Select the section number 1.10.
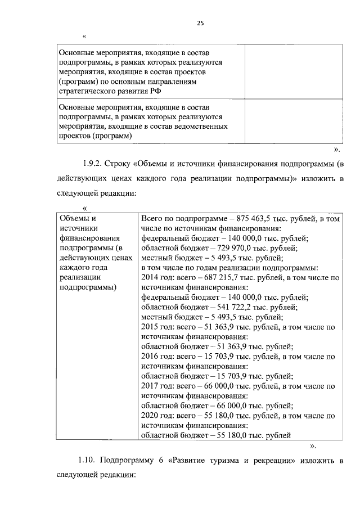tap(87, 461)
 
